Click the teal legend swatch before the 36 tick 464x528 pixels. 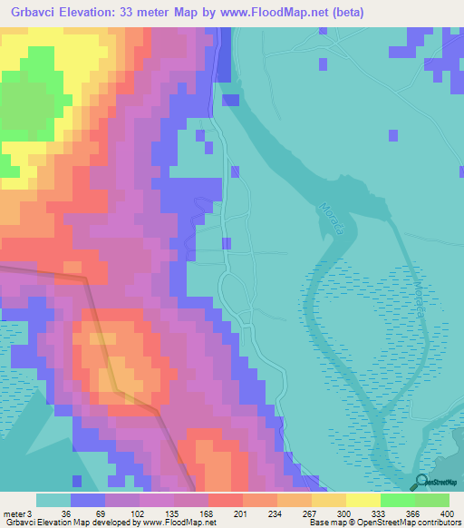click(53, 500)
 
